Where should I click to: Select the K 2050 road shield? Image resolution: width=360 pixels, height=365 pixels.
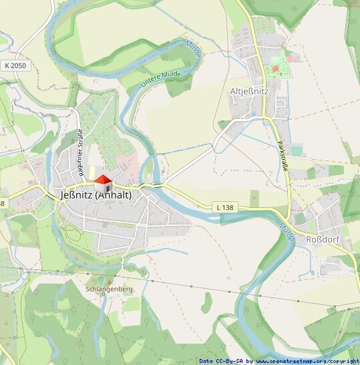(x=15, y=66)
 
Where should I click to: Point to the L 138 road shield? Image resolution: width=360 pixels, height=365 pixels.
(x=224, y=208)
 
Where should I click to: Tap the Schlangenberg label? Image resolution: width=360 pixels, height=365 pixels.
(x=110, y=289)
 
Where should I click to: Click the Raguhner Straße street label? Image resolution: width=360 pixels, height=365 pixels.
(x=79, y=152)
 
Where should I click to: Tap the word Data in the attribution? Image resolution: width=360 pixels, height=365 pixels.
(x=206, y=361)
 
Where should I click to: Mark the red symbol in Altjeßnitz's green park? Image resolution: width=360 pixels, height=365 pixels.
(x=274, y=69)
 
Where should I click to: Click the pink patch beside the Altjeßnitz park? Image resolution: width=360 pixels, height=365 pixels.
(x=291, y=58)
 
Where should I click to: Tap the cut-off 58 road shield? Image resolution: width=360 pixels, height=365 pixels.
(x=2, y=203)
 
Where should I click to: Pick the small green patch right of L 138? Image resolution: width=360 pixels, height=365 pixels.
(x=254, y=197)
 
